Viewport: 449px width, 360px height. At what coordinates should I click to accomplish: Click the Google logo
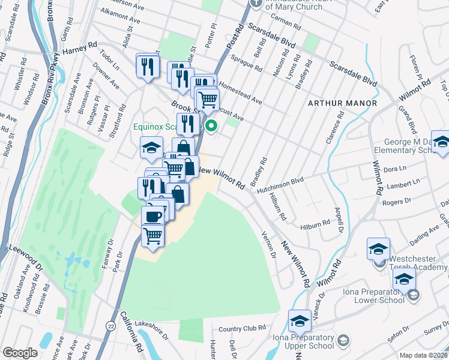pos(20,353)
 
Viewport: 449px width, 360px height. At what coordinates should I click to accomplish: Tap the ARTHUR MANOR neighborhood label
pos(334,103)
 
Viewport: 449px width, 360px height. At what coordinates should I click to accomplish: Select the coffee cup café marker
pos(152,217)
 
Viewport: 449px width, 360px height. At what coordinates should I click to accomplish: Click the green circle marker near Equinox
pos(211,126)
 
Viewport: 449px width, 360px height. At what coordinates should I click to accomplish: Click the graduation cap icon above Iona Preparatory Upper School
pos(300,321)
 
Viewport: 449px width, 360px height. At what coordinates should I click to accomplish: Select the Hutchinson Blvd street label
pos(280,183)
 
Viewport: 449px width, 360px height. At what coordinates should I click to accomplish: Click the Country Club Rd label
pos(241,328)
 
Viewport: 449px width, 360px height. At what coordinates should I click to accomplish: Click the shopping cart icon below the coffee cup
pos(152,236)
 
